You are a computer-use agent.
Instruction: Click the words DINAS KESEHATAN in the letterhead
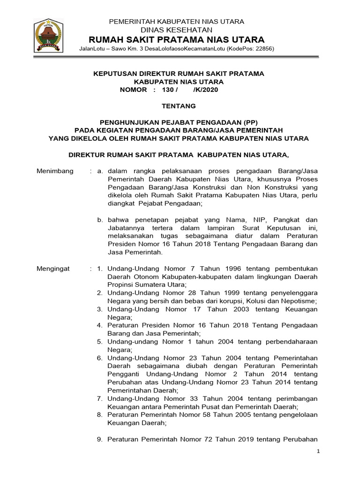tap(177, 30)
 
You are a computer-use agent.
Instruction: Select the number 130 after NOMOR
tap(167, 90)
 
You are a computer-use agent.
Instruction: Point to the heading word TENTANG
tap(178, 106)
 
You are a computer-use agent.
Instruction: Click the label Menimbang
tap(55, 171)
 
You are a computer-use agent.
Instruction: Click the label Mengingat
tap(53, 269)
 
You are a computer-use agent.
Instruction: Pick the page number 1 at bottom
tap(318, 451)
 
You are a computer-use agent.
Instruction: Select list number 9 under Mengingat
tap(100, 440)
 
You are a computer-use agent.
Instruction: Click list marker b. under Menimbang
tap(100, 220)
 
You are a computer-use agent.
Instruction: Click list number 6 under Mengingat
tap(100, 358)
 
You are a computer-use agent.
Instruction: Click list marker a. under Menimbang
tap(100, 171)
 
